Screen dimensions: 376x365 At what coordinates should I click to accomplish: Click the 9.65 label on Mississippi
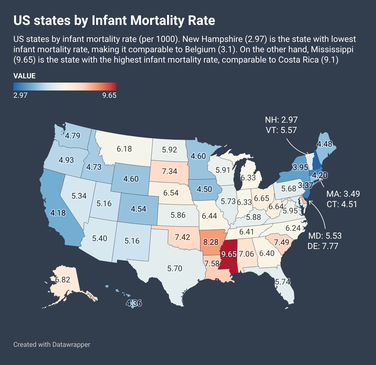pos(229,254)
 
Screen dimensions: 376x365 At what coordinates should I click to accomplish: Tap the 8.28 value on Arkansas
pos(211,242)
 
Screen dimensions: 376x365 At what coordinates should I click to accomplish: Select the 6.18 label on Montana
pos(124,149)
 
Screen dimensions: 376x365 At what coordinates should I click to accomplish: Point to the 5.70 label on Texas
pos(175,268)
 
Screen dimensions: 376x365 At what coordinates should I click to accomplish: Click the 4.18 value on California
pos(58,213)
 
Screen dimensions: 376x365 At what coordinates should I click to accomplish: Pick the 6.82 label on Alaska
pos(62,280)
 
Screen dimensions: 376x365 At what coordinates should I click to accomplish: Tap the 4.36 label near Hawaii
pos(134,303)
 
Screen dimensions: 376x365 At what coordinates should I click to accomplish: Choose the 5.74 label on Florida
pos(283,282)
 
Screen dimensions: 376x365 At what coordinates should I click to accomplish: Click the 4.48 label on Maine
pos(325,144)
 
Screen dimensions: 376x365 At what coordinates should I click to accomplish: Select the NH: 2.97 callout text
pos(281,120)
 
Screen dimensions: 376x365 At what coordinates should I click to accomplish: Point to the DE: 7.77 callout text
pos(323,246)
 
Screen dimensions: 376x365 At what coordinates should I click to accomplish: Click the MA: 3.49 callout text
pos(343,194)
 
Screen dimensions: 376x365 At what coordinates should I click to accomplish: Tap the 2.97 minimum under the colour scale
pos(20,95)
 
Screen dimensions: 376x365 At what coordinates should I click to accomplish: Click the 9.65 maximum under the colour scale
pos(109,95)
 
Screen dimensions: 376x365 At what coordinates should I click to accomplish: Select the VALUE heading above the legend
pos(25,76)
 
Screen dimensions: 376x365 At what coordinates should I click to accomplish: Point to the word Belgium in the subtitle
pos(200,49)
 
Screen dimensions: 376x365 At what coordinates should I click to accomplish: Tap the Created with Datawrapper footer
pos(52,344)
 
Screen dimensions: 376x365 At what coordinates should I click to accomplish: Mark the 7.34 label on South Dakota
pos(170,171)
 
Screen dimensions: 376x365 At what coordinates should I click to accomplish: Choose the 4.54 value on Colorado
pos(139,209)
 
